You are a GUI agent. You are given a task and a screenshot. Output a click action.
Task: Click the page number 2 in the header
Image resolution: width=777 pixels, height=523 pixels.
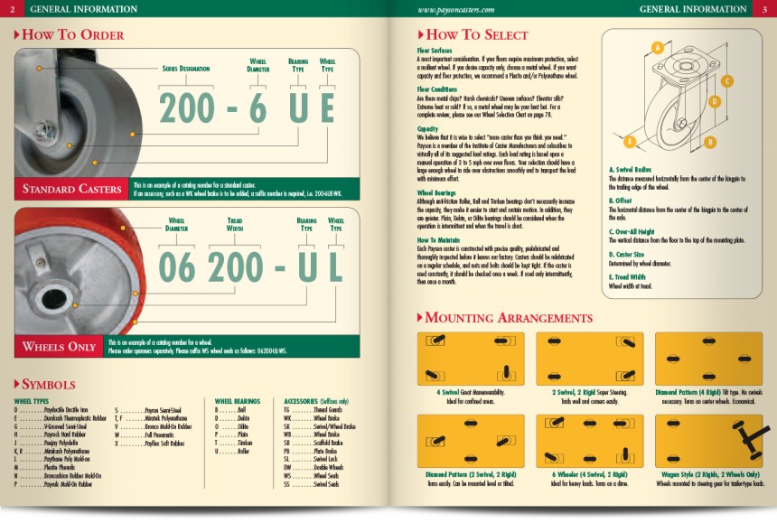(x=14, y=8)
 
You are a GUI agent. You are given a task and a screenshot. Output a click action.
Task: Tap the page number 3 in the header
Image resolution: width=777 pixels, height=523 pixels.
(x=763, y=8)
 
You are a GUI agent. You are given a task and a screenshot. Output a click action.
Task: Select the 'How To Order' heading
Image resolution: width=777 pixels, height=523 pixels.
(x=70, y=34)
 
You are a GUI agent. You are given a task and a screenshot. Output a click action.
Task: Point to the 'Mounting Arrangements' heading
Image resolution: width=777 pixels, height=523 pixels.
(x=509, y=317)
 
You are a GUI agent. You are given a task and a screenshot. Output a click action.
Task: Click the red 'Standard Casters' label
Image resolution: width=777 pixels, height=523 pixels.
(x=70, y=190)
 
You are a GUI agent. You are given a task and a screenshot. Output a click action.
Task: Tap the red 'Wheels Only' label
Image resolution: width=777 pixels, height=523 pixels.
(x=60, y=346)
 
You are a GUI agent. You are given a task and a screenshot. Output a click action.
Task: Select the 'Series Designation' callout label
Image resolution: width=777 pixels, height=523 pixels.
(x=188, y=68)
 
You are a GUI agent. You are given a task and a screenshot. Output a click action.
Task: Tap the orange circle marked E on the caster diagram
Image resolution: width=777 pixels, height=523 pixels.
(x=630, y=141)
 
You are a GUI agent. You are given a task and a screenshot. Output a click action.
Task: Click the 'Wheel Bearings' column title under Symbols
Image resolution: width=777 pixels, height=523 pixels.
(x=238, y=399)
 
